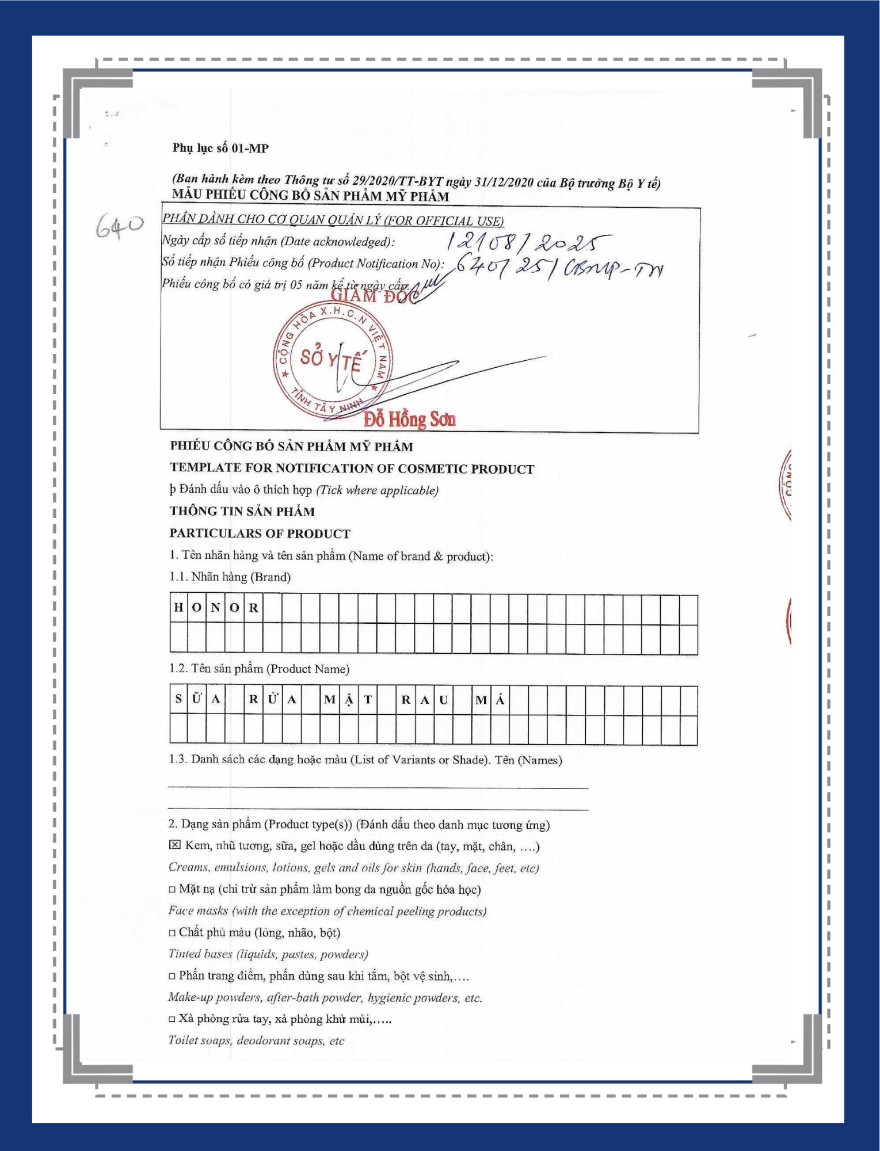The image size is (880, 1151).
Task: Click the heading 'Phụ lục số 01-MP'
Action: click(x=220, y=148)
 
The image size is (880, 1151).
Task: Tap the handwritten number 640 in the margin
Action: click(x=119, y=226)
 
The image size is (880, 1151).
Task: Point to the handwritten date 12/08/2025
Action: click(x=528, y=242)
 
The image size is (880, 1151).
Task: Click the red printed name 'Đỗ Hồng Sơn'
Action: click(x=409, y=419)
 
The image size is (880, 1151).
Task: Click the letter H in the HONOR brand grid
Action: click(x=178, y=608)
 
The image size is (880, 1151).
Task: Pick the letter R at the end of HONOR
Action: click(x=254, y=608)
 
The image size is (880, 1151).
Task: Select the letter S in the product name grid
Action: click(x=178, y=699)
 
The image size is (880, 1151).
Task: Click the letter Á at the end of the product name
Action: click(x=500, y=700)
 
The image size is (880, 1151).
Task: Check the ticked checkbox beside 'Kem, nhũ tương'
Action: click(x=174, y=845)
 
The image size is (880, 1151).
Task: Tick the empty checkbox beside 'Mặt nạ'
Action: click(x=172, y=889)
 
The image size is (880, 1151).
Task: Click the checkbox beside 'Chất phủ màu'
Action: click(x=172, y=932)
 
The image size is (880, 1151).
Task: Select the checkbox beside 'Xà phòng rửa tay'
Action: click(x=172, y=1019)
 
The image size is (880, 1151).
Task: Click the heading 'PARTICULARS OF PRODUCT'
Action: click(x=260, y=533)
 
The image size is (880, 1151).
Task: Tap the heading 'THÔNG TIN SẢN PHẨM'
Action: click(x=242, y=511)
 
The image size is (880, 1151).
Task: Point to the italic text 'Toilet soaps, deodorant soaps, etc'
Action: click(x=256, y=1041)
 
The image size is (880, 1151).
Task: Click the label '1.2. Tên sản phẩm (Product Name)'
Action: click(x=259, y=669)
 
